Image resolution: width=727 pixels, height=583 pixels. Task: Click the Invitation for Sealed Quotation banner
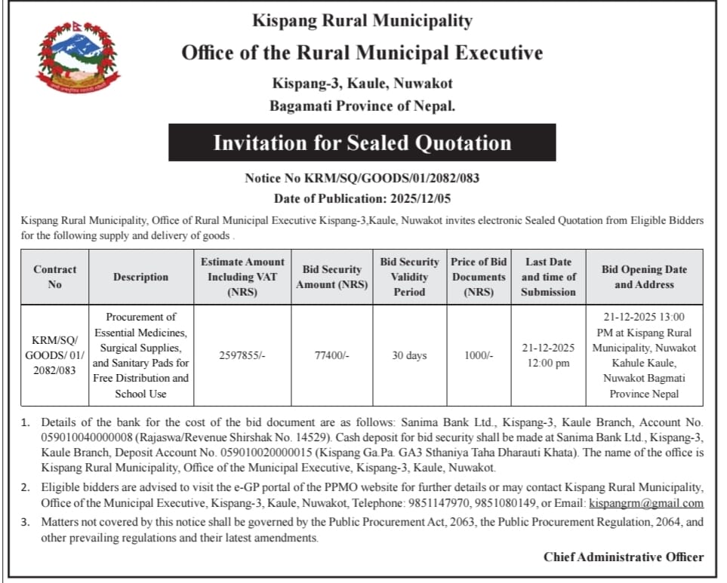pyautogui.click(x=362, y=143)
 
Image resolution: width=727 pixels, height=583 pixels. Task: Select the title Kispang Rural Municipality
pyautogui.click(x=362, y=21)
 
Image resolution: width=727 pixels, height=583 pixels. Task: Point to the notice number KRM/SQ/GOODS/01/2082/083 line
pyautogui.click(x=362, y=179)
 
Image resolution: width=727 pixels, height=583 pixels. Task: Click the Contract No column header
pyautogui.click(x=55, y=277)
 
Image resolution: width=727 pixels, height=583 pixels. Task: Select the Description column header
pyautogui.click(x=141, y=277)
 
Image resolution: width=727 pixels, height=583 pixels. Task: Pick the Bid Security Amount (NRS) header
pyautogui.click(x=332, y=277)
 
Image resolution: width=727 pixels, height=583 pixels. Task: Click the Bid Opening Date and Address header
pyautogui.click(x=644, y=277)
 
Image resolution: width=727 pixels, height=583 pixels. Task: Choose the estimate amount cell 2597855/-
pyautogui.click(x=242, y=355)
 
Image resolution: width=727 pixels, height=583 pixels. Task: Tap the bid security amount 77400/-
pyautogui.click(x=331, y=355)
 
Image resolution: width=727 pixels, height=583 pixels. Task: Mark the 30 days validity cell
pyautogui.click(x=409, y=355)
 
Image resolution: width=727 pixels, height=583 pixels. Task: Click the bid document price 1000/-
pyautogui.click(x=478, y=355)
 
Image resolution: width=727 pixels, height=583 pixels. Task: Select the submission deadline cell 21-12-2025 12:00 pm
pyautogui.click(x=548, y=355)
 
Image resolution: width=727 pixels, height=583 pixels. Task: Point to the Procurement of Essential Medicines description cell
pyautogui.click(x=141, y=355)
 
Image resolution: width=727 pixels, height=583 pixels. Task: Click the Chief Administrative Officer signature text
pyautogui.click(x=623, y=557)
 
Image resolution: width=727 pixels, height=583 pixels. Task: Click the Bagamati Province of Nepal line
pyautogui.click(x=362, y=106)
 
